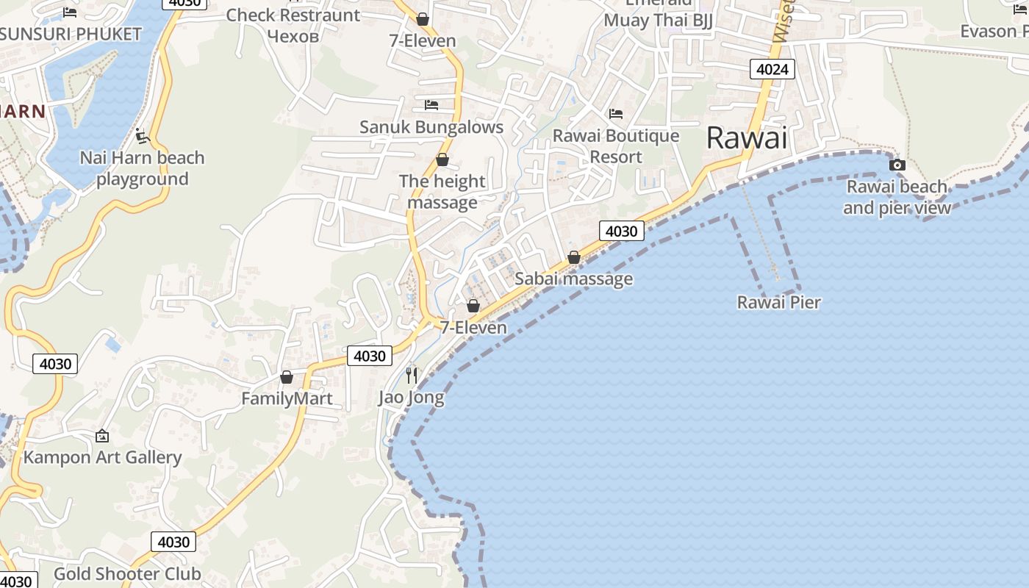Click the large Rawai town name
(746, 137)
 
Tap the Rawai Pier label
(778, 302)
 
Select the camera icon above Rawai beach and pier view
(897, 165)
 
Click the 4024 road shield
(772, 70)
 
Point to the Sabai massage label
(573, 279)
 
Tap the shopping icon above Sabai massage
(574, 257)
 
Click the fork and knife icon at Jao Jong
(412, 376)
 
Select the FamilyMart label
(287, 398)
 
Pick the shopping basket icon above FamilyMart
(287, 377)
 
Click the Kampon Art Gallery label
(102, 457)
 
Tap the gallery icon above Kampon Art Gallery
(102, 436)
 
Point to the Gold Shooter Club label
(127, 574)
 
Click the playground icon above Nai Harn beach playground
(143, 136)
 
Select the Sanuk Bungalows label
(431, 127)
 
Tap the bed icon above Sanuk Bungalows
(431, 105)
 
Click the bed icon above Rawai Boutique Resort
(616, 114)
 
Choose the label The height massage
(442, 192)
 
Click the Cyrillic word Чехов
(293, 36)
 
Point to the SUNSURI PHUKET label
(71, 35)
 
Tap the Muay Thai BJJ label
(658, 20)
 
